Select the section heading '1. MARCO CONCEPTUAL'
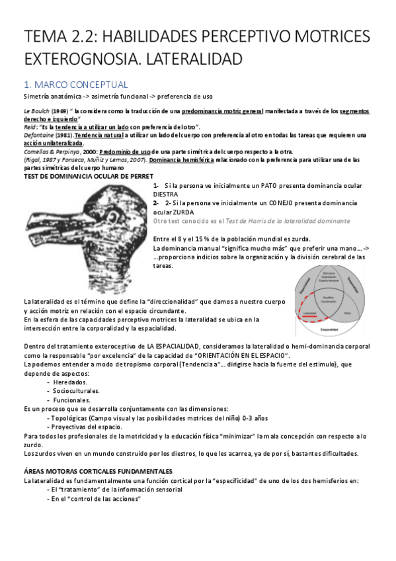75,85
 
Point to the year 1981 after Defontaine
63,134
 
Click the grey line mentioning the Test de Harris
252,220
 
